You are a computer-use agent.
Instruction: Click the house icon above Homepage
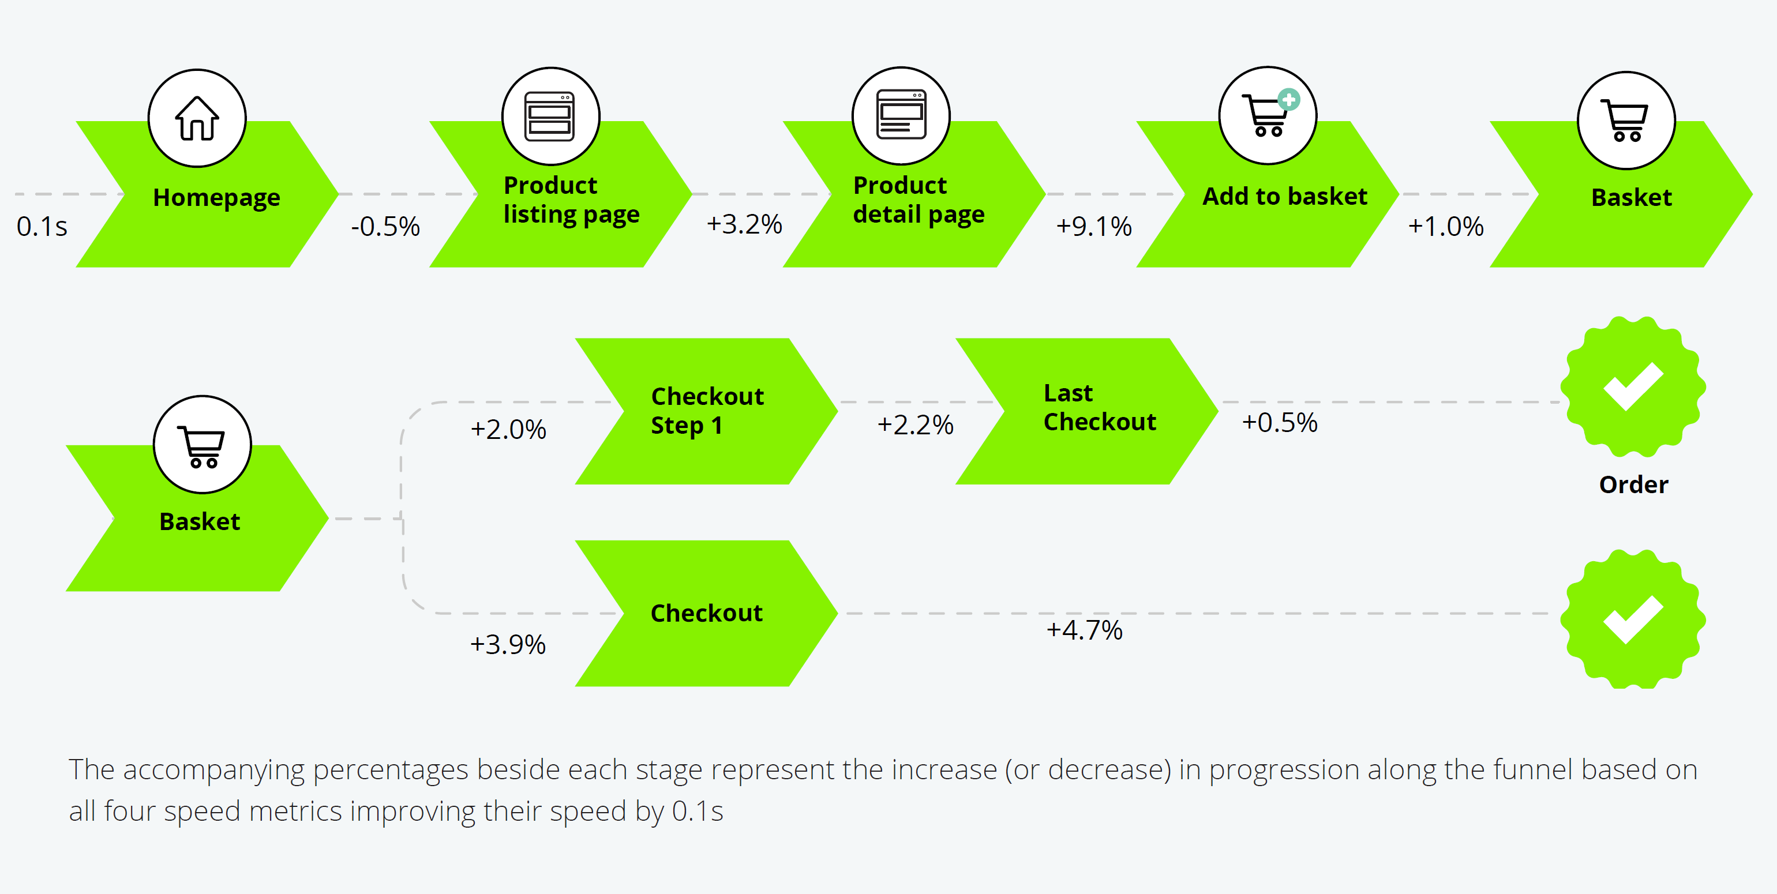[x=197, y=118]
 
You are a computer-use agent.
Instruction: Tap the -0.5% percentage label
[x=385, y=226]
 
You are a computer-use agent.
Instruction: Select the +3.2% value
[x=744, y=224]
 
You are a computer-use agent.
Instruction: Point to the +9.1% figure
[x=1094, y=226]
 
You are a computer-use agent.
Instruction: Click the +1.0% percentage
[x=1446, y=226]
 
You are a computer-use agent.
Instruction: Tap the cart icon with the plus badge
[x=1268, y=115]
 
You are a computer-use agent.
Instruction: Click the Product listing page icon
[x=550, y=116]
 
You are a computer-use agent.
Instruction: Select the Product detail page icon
[x=901, y=115]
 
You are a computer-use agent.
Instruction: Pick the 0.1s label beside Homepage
[x=42, y=226]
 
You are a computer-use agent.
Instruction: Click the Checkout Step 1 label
[x=707, y=411]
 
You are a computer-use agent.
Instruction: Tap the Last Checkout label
[x=1100, y=407]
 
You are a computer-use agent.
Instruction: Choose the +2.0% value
[x=508, y=429]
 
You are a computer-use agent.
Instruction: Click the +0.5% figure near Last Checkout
[x=1280, y=422]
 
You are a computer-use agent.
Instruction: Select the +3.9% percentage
[x=508, y=644]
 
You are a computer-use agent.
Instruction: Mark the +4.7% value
[x=1085, y=630]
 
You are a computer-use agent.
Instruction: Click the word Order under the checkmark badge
[x=1633, y=484]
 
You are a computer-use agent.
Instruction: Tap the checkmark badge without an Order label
[x=1633, y=619]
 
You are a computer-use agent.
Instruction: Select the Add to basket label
[x=1284, y=197]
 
